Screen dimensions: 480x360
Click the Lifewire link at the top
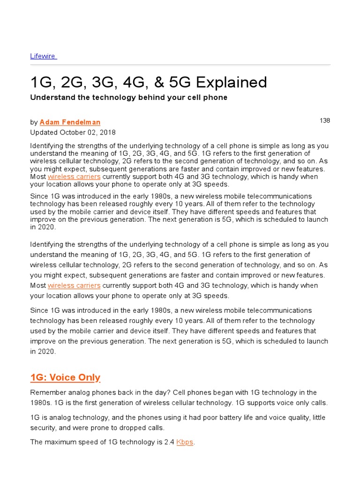click(43, 56)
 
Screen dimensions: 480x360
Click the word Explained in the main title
click(231, 82)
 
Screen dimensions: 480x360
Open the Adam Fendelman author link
click(70, 122)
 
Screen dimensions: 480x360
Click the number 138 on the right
click(325, 120)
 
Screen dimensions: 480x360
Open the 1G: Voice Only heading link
click(65, 377)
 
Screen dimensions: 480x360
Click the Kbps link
click(185, 442)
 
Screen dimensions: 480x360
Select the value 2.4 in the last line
click(169, 442)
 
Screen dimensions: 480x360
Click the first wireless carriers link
click(74, 177)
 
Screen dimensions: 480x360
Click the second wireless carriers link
click(74, 285)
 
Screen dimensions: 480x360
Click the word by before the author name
click(34, 122)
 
